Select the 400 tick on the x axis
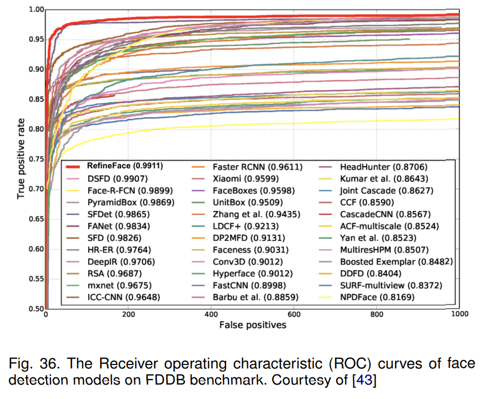pos(211,315)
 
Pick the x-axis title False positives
pos(253,325)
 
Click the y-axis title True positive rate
pos(21,158)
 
